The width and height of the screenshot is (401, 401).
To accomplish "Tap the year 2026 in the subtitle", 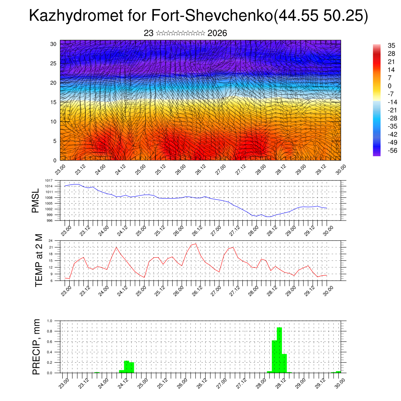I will (217, 33).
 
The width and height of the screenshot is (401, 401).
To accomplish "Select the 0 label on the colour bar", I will (389, 86).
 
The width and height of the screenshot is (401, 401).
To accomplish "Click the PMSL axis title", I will (36, 200).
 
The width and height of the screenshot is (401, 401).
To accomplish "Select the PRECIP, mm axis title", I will (36, 346).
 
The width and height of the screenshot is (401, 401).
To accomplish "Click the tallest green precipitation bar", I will (279, 350).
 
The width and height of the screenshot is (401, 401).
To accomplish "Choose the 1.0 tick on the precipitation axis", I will (50, 320).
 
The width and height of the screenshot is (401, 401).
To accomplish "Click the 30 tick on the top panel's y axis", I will (54, 44).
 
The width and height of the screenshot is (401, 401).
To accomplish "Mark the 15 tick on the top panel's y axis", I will (54, 102).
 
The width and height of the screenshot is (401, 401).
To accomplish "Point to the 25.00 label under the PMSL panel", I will (141, 230).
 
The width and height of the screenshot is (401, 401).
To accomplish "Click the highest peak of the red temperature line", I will (195, 244).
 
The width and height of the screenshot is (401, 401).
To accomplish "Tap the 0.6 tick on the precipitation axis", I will (50, 341).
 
